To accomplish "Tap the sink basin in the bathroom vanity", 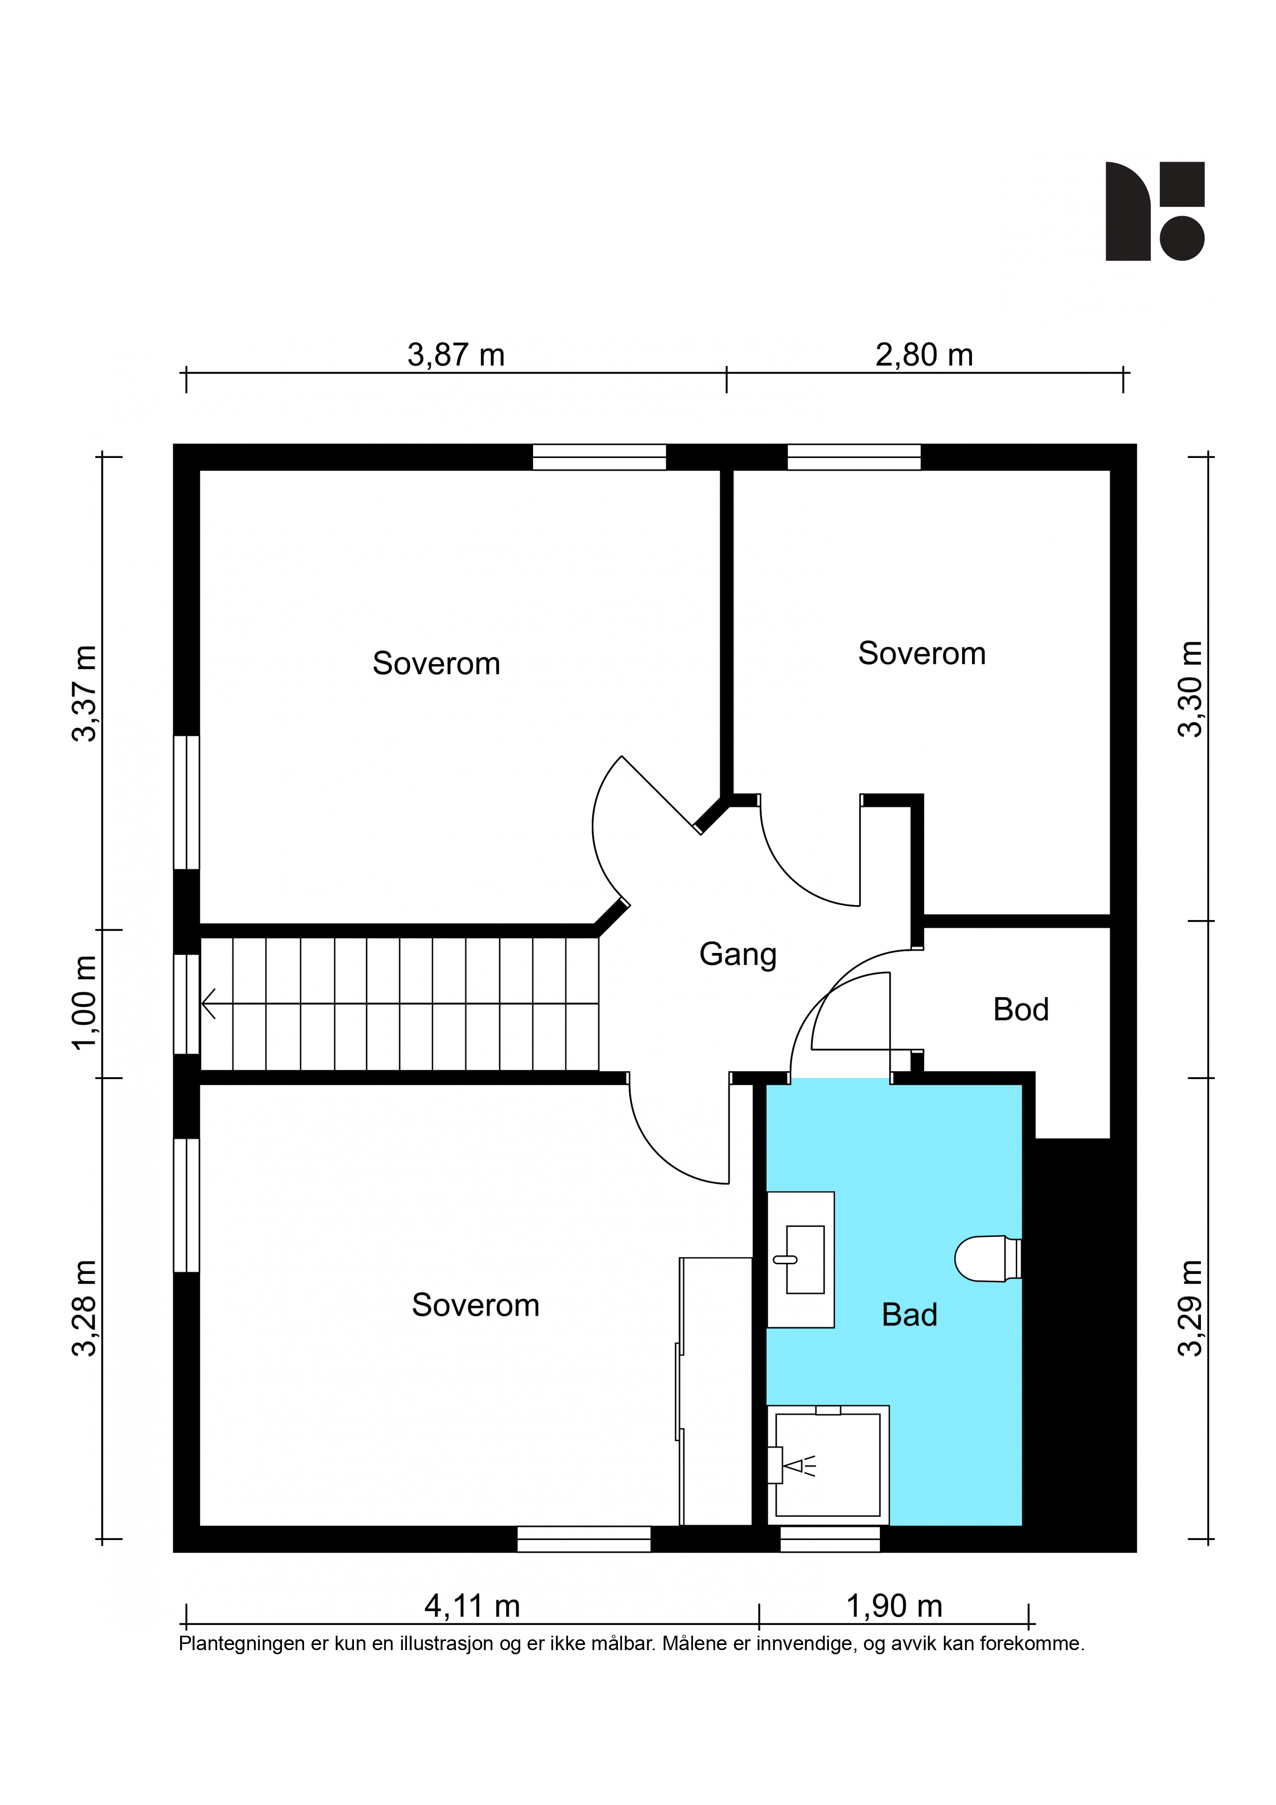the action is click(x=804, y=1260).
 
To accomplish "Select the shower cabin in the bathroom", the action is click(x=828, y=1464).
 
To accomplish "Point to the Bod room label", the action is click(x=1020, y=1010).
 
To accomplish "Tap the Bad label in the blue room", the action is click(x=910, y=1315).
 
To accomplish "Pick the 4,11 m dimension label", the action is click(x=472, y=1605).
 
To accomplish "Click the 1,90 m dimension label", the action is click(x=894, y=1605).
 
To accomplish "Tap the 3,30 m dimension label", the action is click(x=1190, y=689).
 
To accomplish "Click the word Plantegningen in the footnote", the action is click(x=244, y=1644).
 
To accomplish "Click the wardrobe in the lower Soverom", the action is click(x=716, y=1391).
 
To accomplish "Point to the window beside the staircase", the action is click(x=186, y=1004).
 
